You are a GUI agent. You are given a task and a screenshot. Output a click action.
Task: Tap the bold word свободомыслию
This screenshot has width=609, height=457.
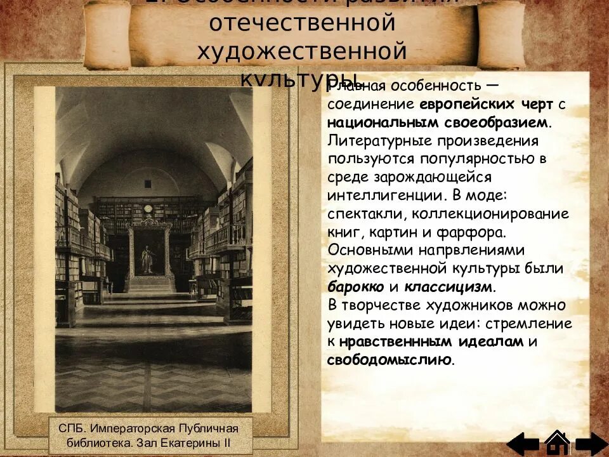(390, 360)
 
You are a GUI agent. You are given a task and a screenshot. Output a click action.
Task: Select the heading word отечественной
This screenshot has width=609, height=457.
(303, 23)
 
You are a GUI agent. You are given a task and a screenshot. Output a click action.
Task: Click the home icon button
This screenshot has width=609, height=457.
(557, 443)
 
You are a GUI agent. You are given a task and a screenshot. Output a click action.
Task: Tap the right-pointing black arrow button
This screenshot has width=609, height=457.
(592, 444)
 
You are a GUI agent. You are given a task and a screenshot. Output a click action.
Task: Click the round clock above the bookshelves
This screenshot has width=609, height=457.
(148, 208)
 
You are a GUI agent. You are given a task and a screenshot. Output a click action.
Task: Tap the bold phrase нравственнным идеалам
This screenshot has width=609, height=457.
(431, 341)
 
